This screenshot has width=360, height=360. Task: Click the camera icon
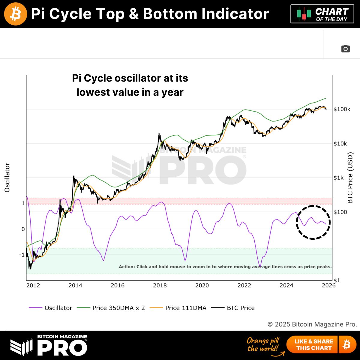(346, 49)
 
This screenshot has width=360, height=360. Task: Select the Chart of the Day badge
(322, 14)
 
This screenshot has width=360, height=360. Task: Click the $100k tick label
(342, 109)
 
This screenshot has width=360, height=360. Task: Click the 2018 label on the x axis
(160, 285)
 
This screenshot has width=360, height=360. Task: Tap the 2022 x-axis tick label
(244, 285)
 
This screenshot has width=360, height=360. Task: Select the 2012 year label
(33, 285)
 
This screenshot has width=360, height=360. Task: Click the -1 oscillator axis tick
(22, 255)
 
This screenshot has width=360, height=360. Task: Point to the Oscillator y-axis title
(7, 178)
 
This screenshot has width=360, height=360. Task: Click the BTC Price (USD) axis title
(350, 178)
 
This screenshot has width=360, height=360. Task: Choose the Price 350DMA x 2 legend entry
(111, 308)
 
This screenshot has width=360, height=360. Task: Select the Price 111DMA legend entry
(178, 308)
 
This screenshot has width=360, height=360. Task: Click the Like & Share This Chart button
(313, 345)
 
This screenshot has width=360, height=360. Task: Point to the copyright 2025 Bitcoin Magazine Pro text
(312, 324)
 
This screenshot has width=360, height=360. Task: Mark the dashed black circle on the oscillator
(313, 222)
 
